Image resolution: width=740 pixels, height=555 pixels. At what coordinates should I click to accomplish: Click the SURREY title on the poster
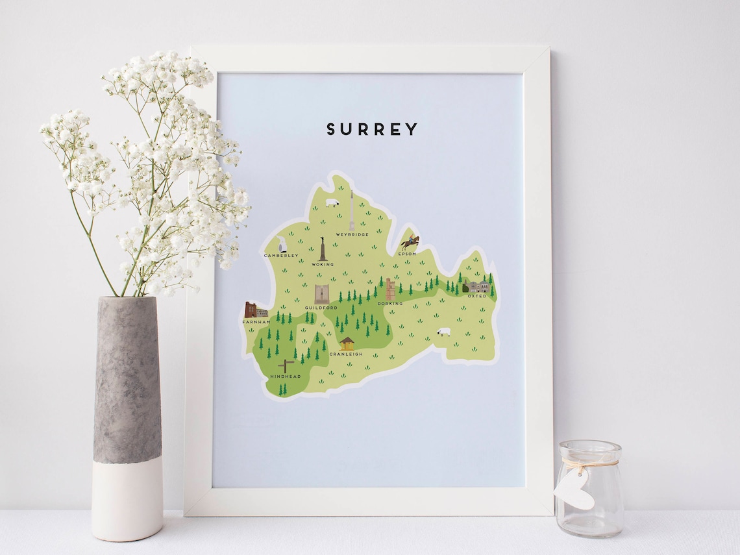pos(372,129)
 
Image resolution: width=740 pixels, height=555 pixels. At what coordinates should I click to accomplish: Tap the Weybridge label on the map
pos(352,234)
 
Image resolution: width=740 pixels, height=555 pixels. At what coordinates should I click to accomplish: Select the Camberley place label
pos(281,256)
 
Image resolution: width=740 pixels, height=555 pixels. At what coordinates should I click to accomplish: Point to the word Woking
pos(323,264)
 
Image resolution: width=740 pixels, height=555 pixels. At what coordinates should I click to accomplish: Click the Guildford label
pos(321,308)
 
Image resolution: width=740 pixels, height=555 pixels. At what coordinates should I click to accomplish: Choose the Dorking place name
pos(390,303)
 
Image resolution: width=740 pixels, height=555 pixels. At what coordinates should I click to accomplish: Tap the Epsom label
pos(407,254)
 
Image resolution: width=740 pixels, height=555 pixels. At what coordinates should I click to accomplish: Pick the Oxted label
pos(477,296)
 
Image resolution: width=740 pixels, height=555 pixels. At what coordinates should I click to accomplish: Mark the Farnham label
pos(256,322)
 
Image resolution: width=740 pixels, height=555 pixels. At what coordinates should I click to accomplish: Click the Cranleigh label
pos(345,354)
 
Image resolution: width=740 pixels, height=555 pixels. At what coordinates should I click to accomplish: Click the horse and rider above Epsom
pos(410,242)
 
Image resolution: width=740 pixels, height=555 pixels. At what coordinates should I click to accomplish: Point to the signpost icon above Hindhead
pos(286,365)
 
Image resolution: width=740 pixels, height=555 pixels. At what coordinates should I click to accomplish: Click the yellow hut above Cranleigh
pos(347,343)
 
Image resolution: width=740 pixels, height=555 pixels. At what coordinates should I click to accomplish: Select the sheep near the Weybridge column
pos(332,203)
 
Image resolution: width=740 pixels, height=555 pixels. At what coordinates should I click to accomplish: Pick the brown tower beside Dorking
pos(390,289)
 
